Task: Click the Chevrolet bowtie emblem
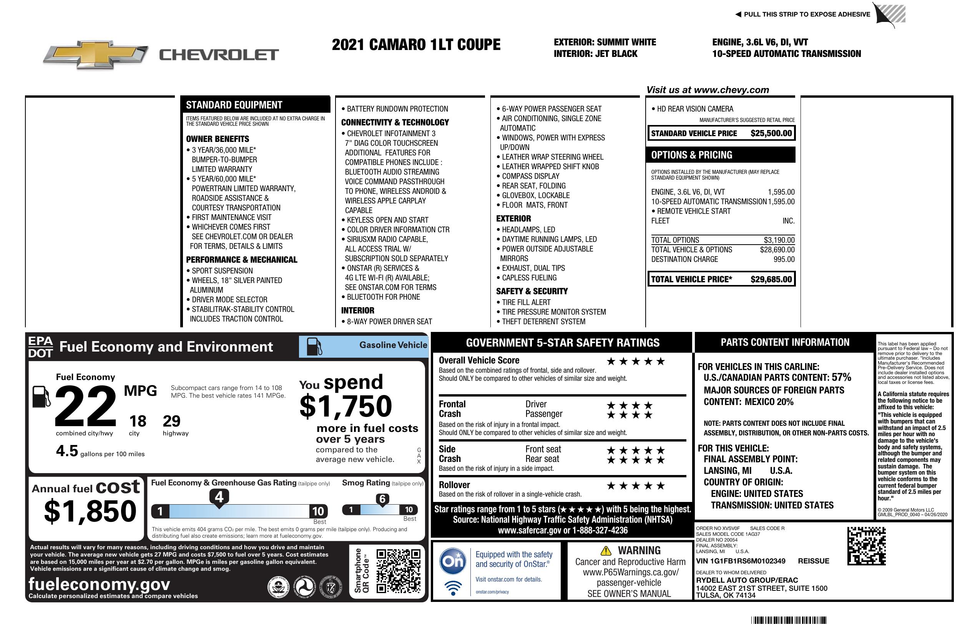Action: (x=96, y=55)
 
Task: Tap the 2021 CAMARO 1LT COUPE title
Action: (x=416, y=45)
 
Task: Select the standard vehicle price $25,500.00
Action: (x=771, y=133)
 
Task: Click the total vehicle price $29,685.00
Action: (x=771, y=279)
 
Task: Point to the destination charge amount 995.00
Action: (x=784, y=259)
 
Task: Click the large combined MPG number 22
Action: (x=86, y=406)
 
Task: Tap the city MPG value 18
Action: (x=138, y=421)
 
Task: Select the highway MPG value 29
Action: (x=171, y=421)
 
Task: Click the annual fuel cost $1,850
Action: (x=90, y=511)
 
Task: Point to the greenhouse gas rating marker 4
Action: (x=219, y=497)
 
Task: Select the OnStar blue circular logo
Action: (x=453, y=561)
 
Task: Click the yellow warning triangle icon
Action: (x=606, y=551)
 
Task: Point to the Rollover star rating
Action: (x=635, y=486)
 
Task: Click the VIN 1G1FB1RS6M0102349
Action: (x=740, y=561)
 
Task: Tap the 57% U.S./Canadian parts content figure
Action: (x=841, y=377)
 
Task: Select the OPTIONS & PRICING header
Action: (x=692, y=155)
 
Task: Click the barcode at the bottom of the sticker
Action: (x=789, y=620)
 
